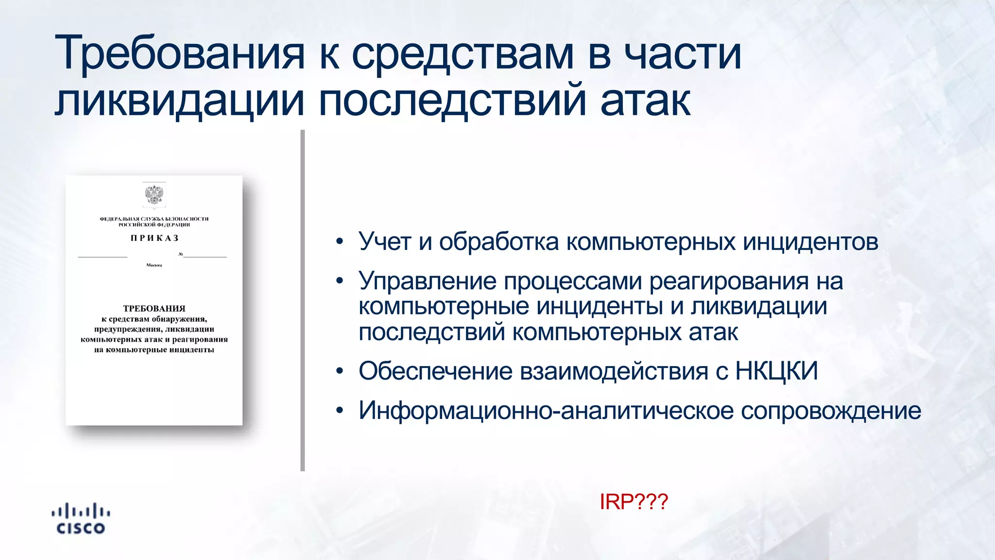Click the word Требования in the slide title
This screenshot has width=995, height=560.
[x=180, y=53]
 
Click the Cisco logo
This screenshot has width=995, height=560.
[x=81, y=519]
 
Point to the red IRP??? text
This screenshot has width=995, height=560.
[x=634, y=502]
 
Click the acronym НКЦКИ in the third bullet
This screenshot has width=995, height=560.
[x=776, y=371]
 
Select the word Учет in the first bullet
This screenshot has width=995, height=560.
[x=385, y=242]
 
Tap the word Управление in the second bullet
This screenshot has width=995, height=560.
[x=428, y=281]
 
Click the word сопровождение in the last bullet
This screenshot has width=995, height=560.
[x=831, y=411]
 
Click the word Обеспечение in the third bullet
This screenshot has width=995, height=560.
[x=435, y=371]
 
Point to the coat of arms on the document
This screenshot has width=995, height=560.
[x=154, y=195]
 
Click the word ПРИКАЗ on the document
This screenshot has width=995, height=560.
[x=154, y=238]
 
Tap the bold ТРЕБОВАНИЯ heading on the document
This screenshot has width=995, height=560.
[x=154, y=308]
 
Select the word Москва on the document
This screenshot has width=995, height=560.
[x=154, y=265]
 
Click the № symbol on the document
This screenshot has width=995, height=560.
[x=181, y=254]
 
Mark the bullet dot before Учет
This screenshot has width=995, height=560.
[x=340, y=242]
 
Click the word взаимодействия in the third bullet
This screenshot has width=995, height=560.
[x=614, y=371]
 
